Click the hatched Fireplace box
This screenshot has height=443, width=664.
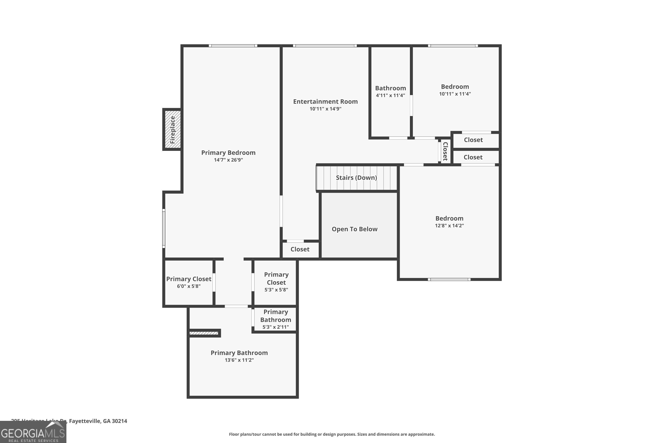click(x=172, y=129)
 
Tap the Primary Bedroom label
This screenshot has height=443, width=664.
click(x=228, y=153)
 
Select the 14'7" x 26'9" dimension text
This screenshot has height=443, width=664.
click(x=228, y=160)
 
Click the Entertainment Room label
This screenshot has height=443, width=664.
click(x=325, y=101)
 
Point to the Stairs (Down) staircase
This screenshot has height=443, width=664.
click(x=357, y=178)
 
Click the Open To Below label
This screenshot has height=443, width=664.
click(x=354, y=229)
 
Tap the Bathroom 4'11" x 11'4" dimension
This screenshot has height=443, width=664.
click(x=390, y=95)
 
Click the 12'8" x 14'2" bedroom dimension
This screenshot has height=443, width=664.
click(x=449, y=226)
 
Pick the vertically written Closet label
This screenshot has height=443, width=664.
click(x=445, y=152)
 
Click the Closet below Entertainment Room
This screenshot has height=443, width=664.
click(x=300, y=249)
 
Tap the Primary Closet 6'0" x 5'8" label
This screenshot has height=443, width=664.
click(x=189, y=282)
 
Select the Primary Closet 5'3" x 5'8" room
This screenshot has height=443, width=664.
click(x=276, y=282)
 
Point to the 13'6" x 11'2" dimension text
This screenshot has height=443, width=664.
click(x=239, y=360)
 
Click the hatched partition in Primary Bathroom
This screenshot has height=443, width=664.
click(x=204, y=333)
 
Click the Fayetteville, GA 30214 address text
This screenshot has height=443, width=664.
click(x=98, y=421)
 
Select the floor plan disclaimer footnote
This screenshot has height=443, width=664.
click(x=332, y=434)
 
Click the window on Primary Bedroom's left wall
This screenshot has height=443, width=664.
click(x=164, y=229)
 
